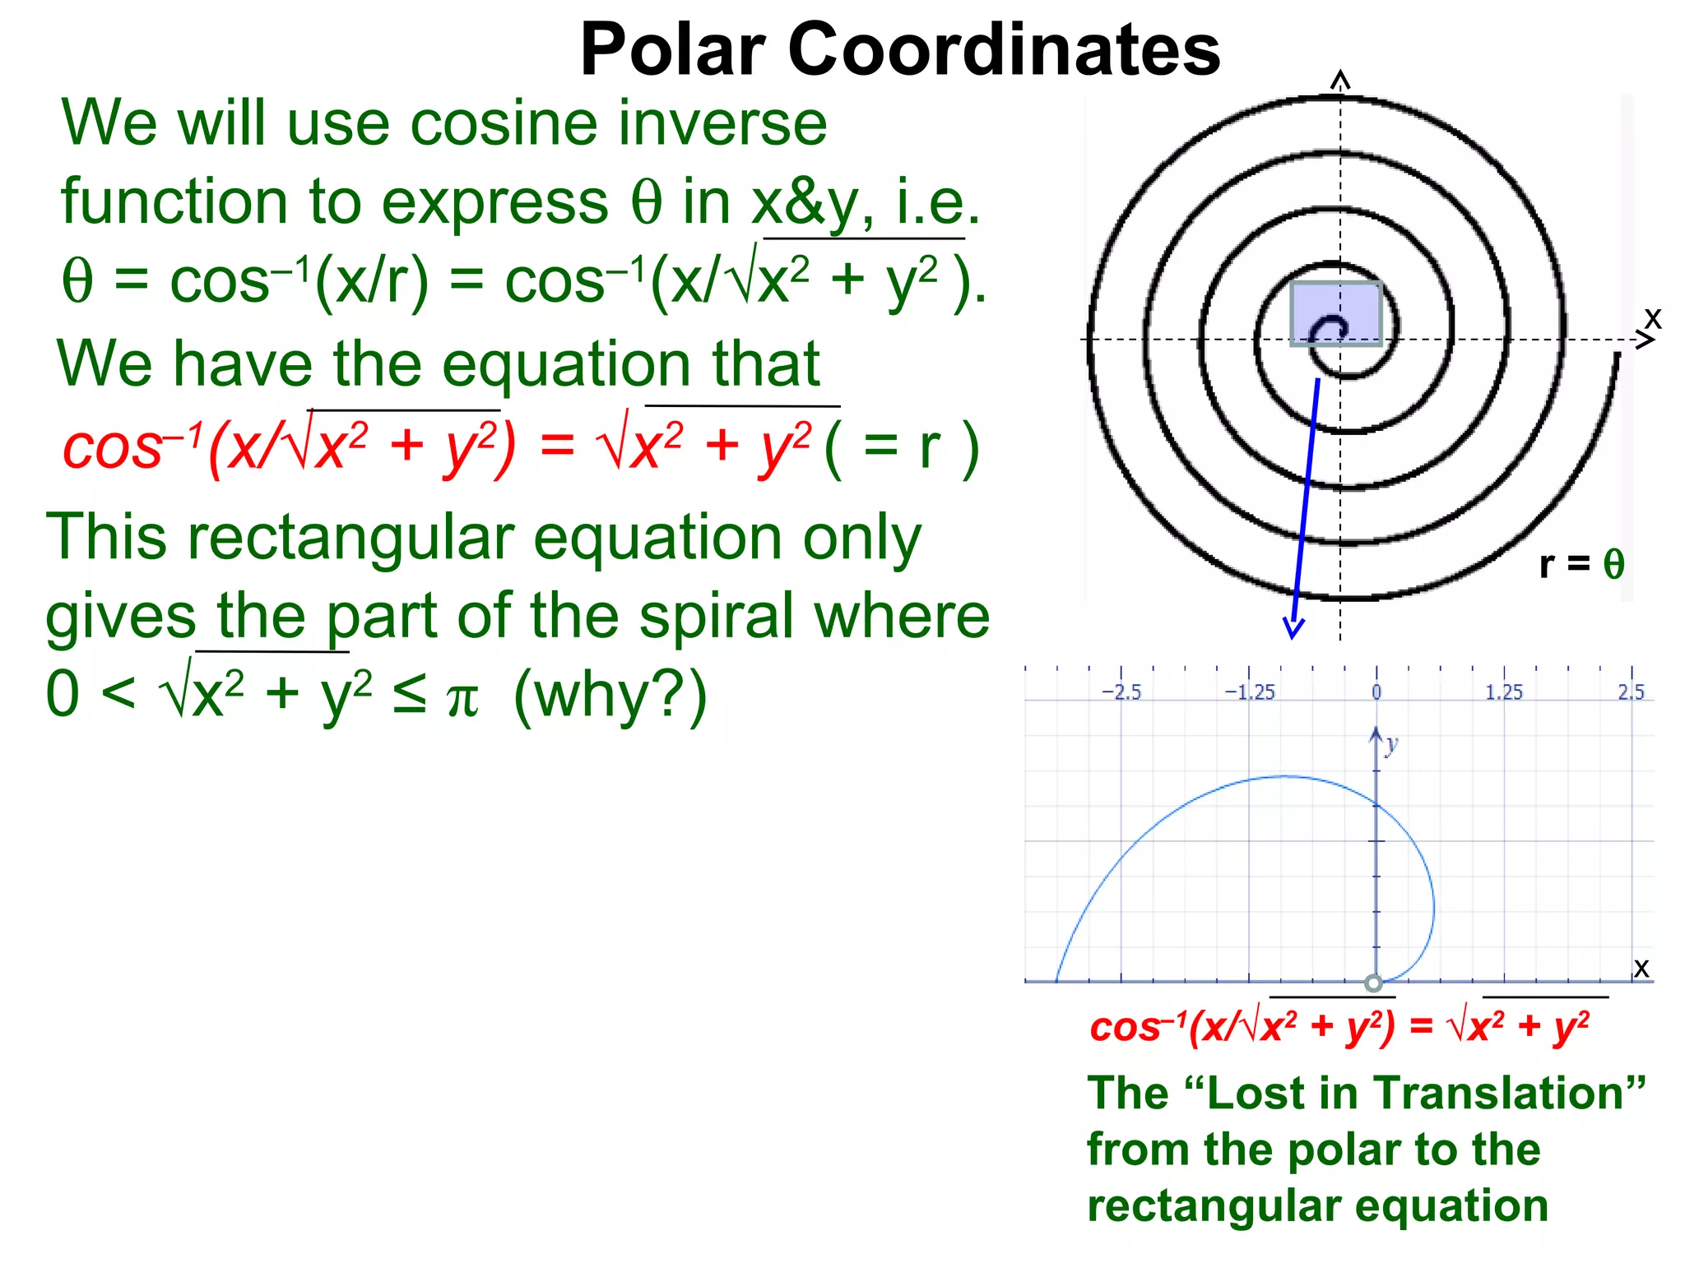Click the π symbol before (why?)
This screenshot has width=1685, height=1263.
click(462, 699)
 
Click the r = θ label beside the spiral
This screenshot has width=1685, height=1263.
click(1581, 564)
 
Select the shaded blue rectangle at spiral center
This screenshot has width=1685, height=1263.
click(1335, 313)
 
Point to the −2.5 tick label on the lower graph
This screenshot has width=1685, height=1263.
click(1121, 692)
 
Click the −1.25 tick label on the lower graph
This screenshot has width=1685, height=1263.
click(1249, 692)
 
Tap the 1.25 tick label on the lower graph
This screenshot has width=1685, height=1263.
click(1504, 692)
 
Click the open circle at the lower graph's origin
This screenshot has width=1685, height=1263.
click(1373, 983)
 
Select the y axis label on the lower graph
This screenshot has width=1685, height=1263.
click(1390, 745)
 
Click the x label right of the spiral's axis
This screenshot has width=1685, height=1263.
click(1652, 318)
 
